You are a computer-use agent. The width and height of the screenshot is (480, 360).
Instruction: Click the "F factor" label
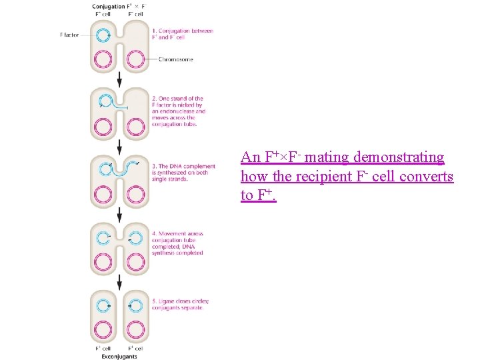click(x=69, y=35)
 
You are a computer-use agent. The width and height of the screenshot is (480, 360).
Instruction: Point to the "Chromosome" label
click(x=176, y=59)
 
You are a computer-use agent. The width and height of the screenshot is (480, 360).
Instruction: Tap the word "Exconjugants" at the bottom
click(x=120, y=355)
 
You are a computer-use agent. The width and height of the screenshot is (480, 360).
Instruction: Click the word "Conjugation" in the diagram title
click(x=108, y=7)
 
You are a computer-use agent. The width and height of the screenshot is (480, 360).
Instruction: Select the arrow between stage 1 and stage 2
click(x=120, y=79)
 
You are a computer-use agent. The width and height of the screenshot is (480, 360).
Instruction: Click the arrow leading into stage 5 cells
click(x=120, y=281)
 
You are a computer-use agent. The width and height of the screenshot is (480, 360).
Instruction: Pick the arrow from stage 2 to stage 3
click(x=120, y=146)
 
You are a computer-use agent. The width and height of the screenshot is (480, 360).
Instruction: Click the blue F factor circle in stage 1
click(x=103, y=35)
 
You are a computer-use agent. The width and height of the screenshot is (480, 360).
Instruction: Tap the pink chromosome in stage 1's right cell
click(x=137, y=59)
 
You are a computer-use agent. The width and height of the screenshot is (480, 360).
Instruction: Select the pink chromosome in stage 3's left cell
click(x=103, y=194)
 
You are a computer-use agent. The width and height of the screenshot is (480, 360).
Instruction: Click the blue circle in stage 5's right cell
click(x=136, y=306)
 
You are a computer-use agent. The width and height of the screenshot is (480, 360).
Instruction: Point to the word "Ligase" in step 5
click(x=163, y=301)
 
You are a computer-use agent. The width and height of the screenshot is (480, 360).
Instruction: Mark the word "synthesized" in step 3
click(x=168, y=173)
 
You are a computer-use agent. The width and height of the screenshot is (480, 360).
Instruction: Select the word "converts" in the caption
click(x=429, y=177)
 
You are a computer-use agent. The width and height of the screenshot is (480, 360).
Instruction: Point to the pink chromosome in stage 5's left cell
click(x=103, y=329)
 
